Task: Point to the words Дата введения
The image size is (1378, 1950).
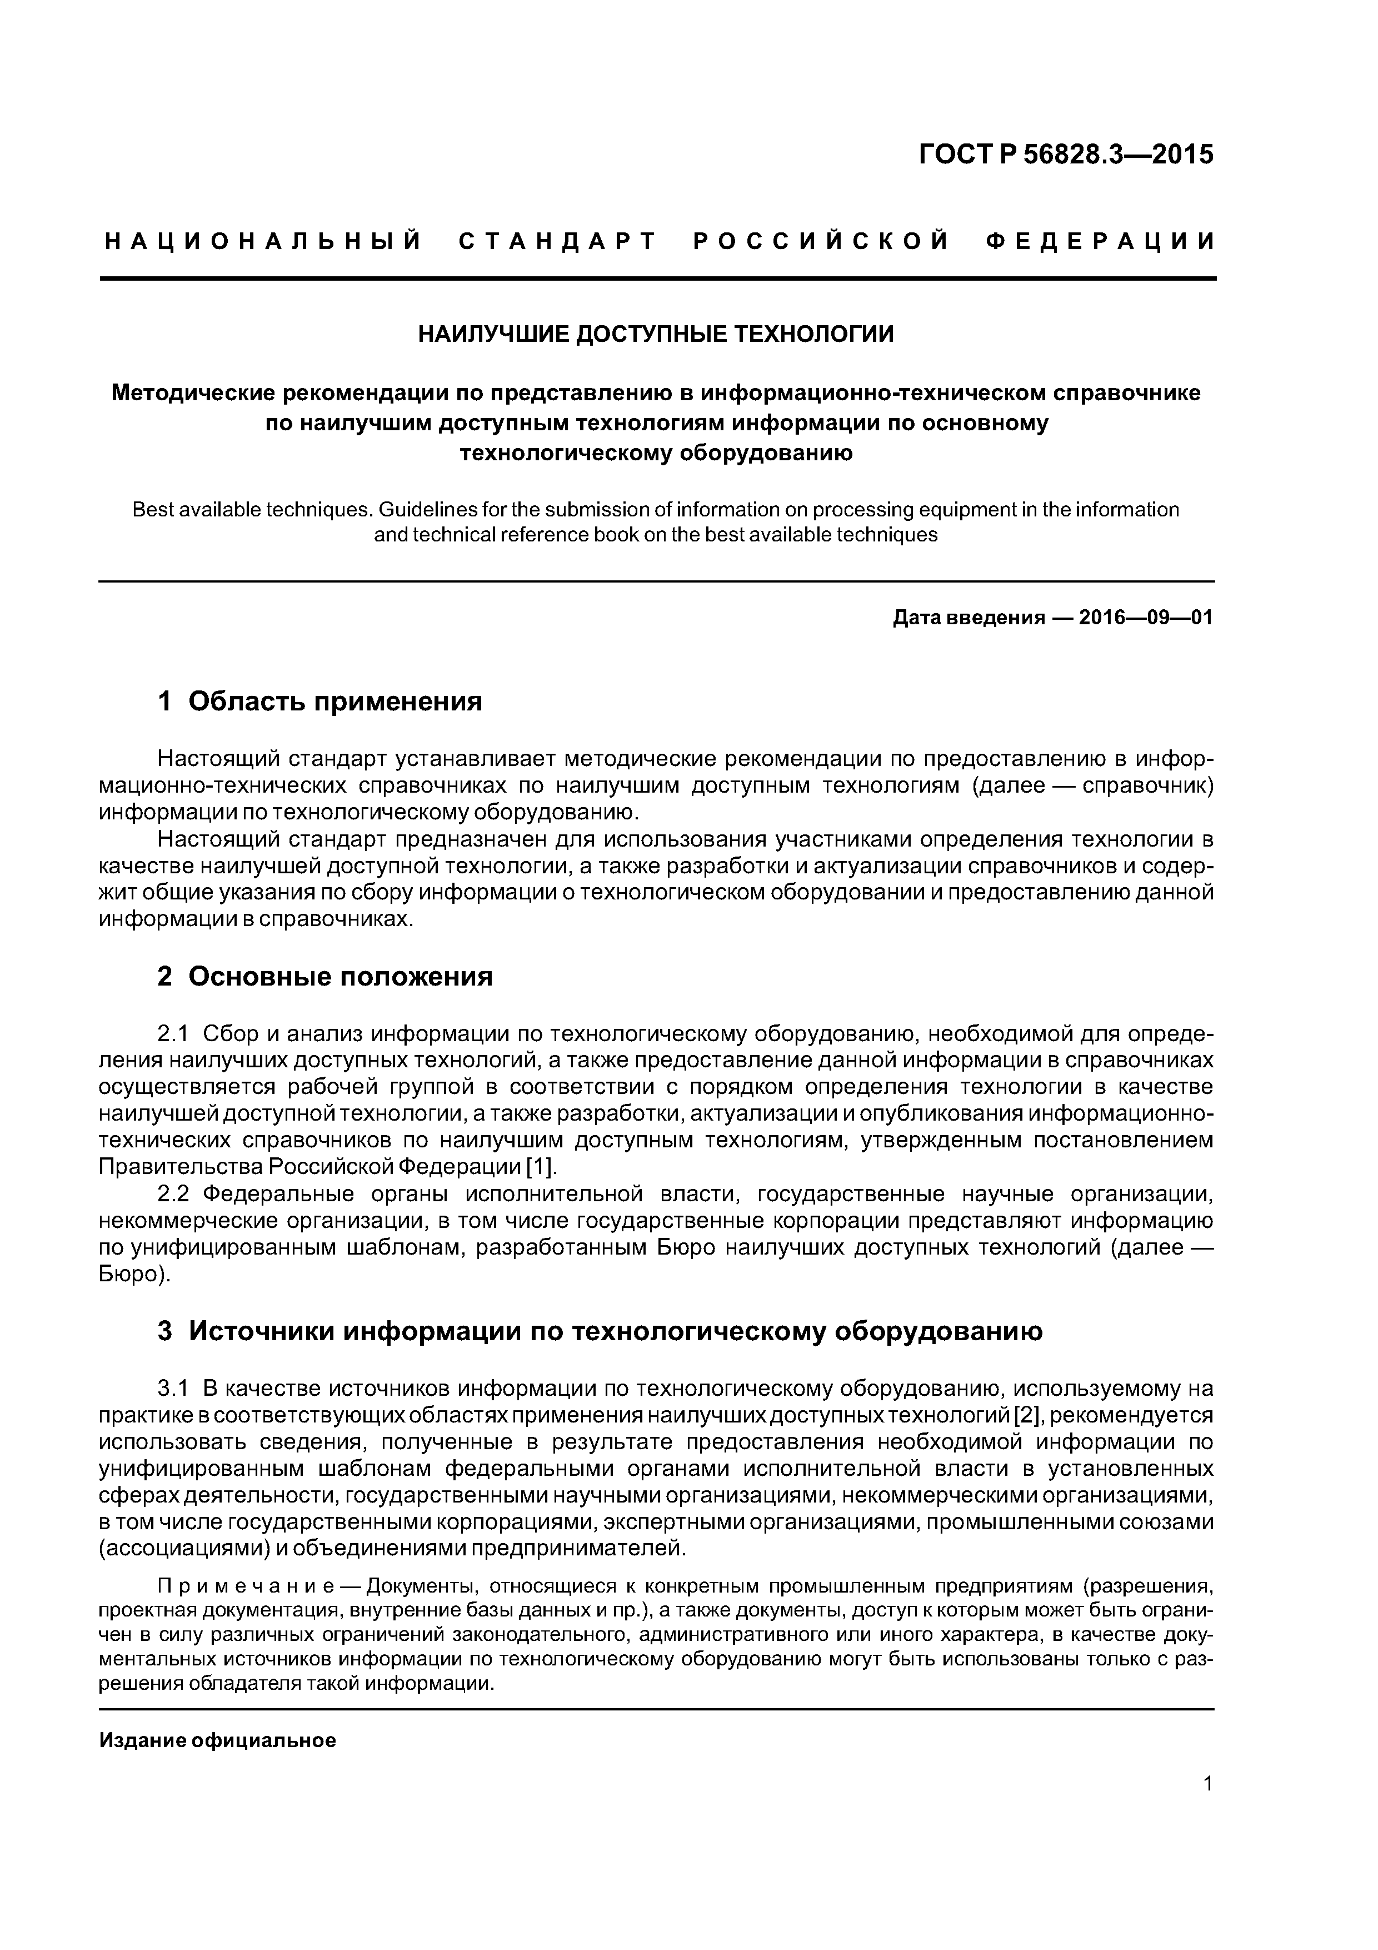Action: tap(968, 618)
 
